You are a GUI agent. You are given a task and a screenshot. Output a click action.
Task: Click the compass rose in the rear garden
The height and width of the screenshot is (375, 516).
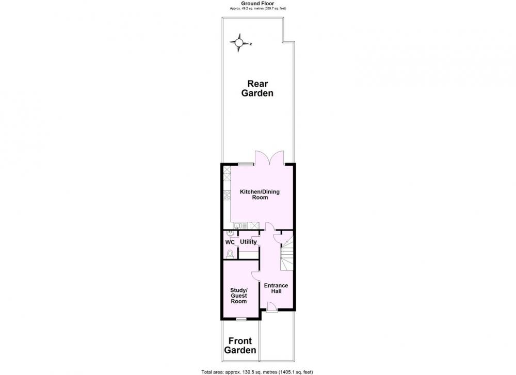click(239, 43)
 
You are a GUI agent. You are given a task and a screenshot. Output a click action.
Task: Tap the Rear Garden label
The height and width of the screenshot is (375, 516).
click(257, 89)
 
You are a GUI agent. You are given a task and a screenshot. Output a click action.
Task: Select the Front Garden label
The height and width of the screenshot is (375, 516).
click(240, 346)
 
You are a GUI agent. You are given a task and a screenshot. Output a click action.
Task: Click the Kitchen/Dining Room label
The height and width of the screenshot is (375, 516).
click(260, 194)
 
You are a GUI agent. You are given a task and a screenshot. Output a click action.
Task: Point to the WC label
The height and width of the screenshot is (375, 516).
click(230, 242)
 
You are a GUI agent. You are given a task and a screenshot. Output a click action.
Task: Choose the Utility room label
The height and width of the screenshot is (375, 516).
click(248, 242)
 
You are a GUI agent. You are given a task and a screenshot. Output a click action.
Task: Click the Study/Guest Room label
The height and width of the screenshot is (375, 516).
click(238, 296)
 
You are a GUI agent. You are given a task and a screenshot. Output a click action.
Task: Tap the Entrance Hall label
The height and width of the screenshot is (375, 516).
click(276, 288)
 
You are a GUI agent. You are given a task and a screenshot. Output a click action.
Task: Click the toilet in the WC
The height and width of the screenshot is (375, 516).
click(230, 254)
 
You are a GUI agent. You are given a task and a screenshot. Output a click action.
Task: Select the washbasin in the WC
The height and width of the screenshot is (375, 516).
click(230, 234)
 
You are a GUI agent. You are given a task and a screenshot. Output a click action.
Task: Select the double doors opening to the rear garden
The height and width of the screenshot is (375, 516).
click(269, 157)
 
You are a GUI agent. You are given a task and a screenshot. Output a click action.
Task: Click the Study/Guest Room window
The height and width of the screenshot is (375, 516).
click(241, 319)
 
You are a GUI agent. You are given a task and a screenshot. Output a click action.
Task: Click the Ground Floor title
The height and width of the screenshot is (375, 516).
click(257, 4)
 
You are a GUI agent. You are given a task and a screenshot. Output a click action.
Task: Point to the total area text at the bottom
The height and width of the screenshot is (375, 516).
click(257, 372)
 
